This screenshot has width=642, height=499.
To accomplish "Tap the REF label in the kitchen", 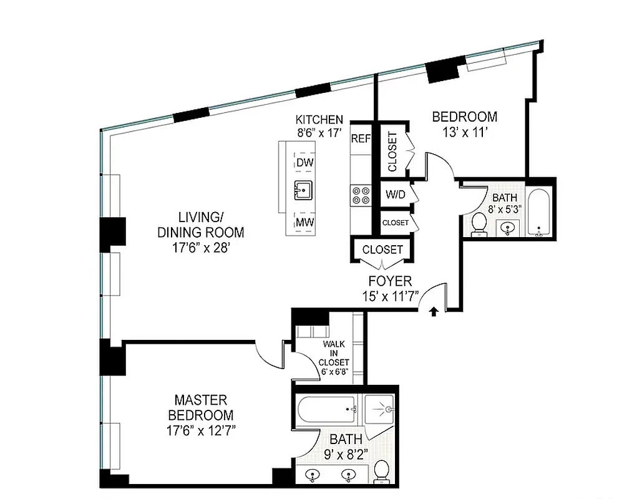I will point(361,138).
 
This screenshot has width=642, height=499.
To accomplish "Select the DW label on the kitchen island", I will point(304,162).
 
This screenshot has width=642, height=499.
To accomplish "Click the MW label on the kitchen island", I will point(304,222).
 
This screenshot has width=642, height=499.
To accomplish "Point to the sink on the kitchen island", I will point(304,190).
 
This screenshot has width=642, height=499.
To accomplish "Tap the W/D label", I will point(395,195).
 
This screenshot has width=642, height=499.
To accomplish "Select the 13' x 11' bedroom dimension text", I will point(465,131).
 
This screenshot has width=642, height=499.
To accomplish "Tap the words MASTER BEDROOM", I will point(200,407).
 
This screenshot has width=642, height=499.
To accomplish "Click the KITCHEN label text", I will point(319,120).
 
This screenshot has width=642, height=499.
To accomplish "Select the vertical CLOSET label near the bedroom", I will point(392,152).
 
